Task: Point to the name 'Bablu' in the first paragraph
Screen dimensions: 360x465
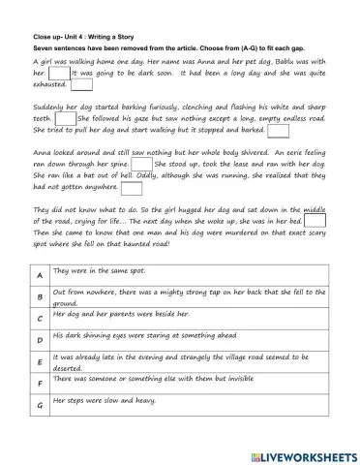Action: coord(255,60)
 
